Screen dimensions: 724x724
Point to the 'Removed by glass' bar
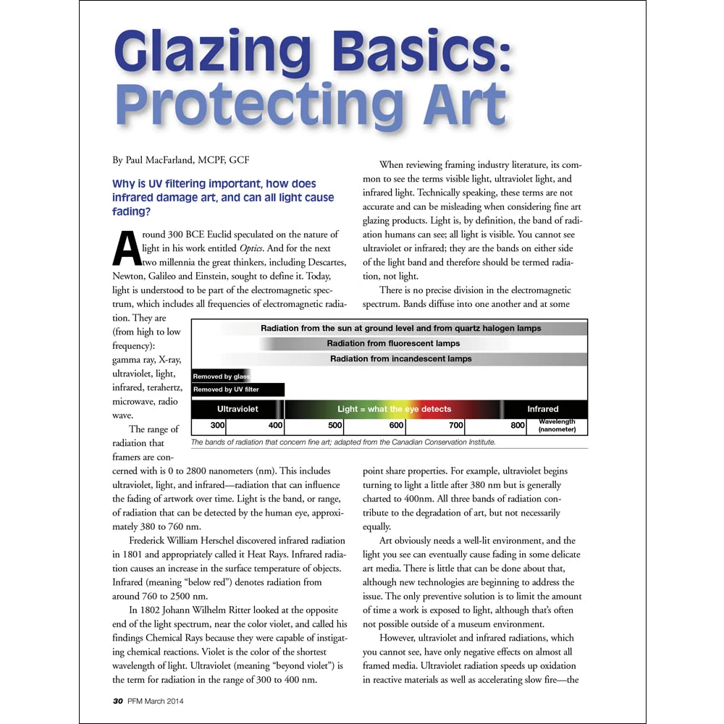pos(221,376)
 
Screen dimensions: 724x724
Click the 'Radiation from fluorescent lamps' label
pos(393,343)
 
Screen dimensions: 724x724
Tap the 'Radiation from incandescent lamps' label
pos(400,358)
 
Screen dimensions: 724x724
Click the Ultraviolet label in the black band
pos(237,409)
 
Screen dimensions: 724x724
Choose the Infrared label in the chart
pos(543,409)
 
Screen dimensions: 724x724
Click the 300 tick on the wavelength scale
pos(218,426)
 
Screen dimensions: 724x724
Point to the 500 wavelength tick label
pos(335,426)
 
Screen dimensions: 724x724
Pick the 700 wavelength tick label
pos(456,426)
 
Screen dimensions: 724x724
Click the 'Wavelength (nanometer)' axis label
pos(557,426)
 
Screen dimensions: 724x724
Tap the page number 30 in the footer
pos(117,701)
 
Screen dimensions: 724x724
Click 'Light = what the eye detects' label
pos(395,409)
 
